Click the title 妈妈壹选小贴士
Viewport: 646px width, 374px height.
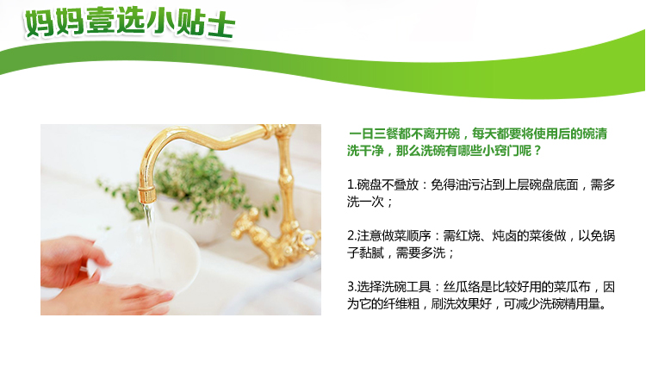click(130, 22)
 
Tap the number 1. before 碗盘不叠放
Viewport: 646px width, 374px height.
click(351, 184)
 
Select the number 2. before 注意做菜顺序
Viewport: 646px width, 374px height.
click(351, 235)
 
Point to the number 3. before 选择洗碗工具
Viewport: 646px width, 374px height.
click(351, 287)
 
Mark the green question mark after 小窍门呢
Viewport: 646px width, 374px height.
click(537, 151)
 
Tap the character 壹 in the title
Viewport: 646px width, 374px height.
click(100, 22)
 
